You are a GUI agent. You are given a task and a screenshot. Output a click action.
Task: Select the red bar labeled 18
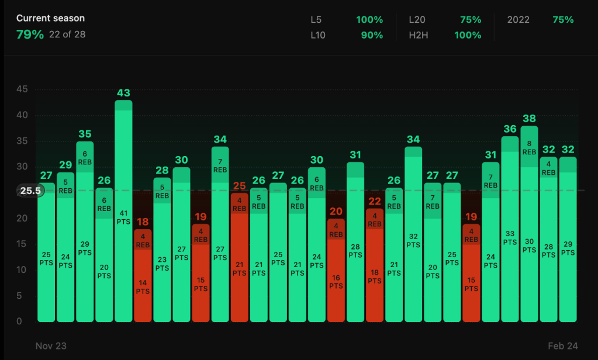(143, 275)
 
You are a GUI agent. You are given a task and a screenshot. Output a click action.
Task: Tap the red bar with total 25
(240, 257)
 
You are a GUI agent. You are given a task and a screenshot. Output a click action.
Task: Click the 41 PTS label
(123, 217)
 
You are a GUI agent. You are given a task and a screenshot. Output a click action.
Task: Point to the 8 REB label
(529, 147)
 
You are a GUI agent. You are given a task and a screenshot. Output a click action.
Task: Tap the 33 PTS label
(510, 238)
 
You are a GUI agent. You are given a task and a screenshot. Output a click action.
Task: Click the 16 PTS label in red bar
(336, 282)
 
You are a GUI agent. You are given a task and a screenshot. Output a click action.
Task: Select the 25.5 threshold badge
(29, 191)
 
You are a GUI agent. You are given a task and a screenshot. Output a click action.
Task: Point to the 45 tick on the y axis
(22, 89)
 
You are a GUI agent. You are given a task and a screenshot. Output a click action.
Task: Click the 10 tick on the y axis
(22, 270)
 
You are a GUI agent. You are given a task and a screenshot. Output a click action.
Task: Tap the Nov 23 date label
(51, 346)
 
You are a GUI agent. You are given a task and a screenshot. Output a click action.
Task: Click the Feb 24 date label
(562, 346)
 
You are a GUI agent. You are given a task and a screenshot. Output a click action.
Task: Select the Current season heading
(50, 19)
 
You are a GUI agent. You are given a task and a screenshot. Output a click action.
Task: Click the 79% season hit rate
(30, 34)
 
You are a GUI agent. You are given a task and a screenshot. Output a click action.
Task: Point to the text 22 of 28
(67, 34)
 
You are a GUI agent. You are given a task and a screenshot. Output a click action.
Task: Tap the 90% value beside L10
(369, 35)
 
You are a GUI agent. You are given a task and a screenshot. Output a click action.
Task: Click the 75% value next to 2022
(563, 20)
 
